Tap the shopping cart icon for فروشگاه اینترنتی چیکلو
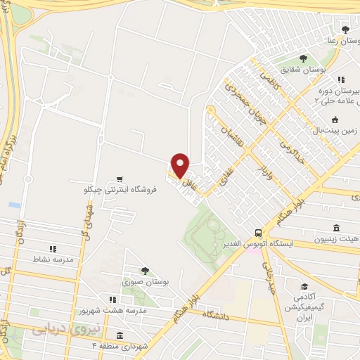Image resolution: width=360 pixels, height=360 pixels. pos(121,179)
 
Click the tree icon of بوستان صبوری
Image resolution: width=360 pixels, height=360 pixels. pos(145,271)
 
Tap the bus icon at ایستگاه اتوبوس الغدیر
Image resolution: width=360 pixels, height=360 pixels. pos(259,233)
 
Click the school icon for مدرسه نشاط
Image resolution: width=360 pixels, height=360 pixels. pos(52,249)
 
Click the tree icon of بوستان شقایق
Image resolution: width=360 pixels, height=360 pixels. pos(303,59)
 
